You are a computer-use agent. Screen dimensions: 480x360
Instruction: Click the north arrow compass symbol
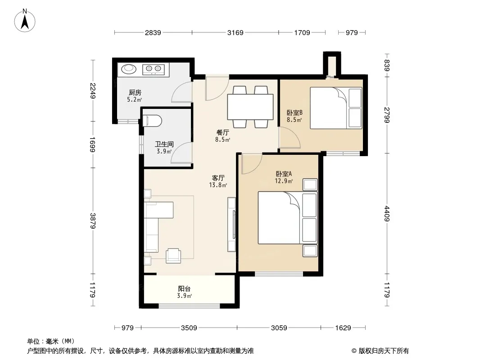pyautogui.click(x=25, y=21)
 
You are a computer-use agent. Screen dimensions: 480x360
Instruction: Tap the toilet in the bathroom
pyautogui.click(x=152, y=121)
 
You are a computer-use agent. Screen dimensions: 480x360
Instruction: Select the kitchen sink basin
pyautogui.click(x=129, y=69)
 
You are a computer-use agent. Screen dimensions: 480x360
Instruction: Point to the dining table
pyautogui.click(x=250, y=107)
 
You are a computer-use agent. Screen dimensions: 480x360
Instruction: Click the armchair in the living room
pyautogui.click(x=173, y=256)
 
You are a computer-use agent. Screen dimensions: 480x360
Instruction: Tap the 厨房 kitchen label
pyautogui.click(x=135, y=92)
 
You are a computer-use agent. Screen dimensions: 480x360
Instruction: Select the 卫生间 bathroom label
pyautogui.click(x=164, y=144)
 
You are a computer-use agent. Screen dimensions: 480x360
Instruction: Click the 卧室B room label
pyautogui.click(x=294, y=112)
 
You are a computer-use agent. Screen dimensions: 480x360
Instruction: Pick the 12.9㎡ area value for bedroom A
pyautogui.click(x=284, y=181)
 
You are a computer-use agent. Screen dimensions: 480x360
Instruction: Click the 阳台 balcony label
pyautogui.click(x=184, y=288)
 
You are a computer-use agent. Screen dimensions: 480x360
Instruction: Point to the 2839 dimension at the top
pyautogui.click(x=153, y=32)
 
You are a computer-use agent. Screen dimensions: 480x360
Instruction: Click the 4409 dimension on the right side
pyautogui.click(x=387, y=214)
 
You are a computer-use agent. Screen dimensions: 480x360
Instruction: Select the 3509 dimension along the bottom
pyautogui.click(x=189, y=328)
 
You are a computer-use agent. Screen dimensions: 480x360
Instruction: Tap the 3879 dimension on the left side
pyautogui.click(x=93, y=220)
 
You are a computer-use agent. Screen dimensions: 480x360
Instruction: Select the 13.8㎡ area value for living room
pyautogui.click(x=218, y=185)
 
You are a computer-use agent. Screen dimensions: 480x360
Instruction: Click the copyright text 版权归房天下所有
pyautogui.click(x=384, y=351)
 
